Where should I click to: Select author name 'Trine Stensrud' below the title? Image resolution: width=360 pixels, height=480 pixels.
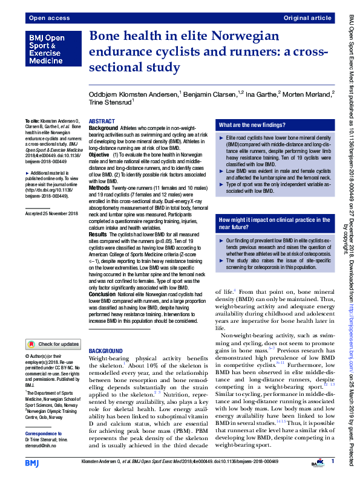[112, 102]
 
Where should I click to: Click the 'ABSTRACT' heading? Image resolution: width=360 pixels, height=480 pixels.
[102, 122]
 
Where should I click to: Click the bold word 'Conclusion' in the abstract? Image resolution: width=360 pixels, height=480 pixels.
[103, 294]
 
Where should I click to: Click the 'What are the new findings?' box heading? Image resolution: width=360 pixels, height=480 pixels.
[252, 125]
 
